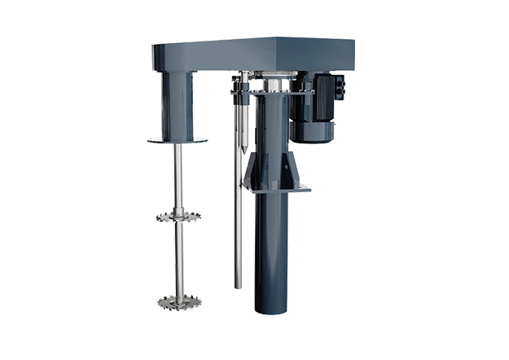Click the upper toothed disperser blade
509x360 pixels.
coord(176,217)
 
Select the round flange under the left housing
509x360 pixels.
coord(176,140)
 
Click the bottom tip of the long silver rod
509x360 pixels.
coord(237,286)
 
